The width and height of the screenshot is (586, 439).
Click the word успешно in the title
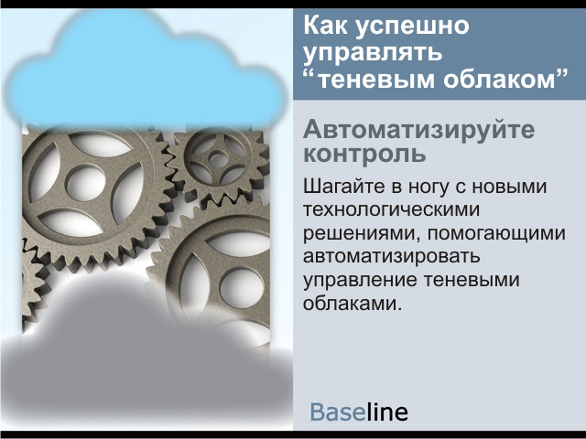pos(411,27)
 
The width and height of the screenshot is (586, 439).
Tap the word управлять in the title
pos(373,54)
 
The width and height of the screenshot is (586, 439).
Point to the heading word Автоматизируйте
pos(419,130)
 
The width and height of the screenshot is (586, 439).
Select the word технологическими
pos(391,209)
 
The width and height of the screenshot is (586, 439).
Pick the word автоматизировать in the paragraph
pos(391,256)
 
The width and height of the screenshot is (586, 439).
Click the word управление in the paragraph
pos(360,281)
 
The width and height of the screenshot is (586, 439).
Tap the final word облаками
pos(352,303)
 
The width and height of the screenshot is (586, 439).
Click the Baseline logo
pos(359,412)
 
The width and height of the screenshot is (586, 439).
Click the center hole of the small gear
pos(218,160)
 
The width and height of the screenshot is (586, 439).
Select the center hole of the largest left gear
pos(85,183)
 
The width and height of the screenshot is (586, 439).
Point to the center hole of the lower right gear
pos(242,287)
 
